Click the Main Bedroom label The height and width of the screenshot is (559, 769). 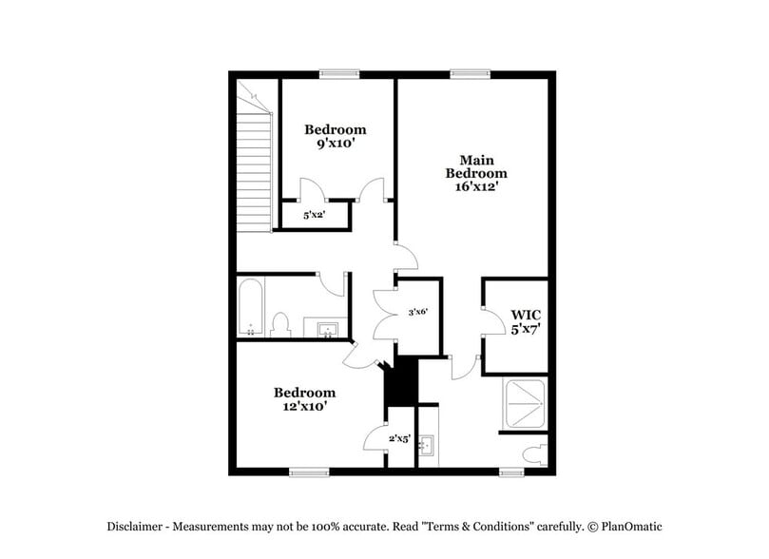[476, 166]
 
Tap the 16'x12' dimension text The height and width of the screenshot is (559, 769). [476, 187]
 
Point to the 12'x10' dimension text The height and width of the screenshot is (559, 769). [305, 407]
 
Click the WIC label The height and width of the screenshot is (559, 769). [526, 315]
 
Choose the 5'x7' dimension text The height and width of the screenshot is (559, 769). [526, 329]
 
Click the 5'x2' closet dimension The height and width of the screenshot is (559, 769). [315, 216]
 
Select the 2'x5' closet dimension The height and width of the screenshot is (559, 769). [399, 438]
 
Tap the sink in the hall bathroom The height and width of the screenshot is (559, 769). [328, 330]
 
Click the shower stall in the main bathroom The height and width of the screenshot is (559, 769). [524, 405]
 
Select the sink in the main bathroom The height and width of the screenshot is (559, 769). [428, 443]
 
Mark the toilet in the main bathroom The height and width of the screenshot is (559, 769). [538, 452]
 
